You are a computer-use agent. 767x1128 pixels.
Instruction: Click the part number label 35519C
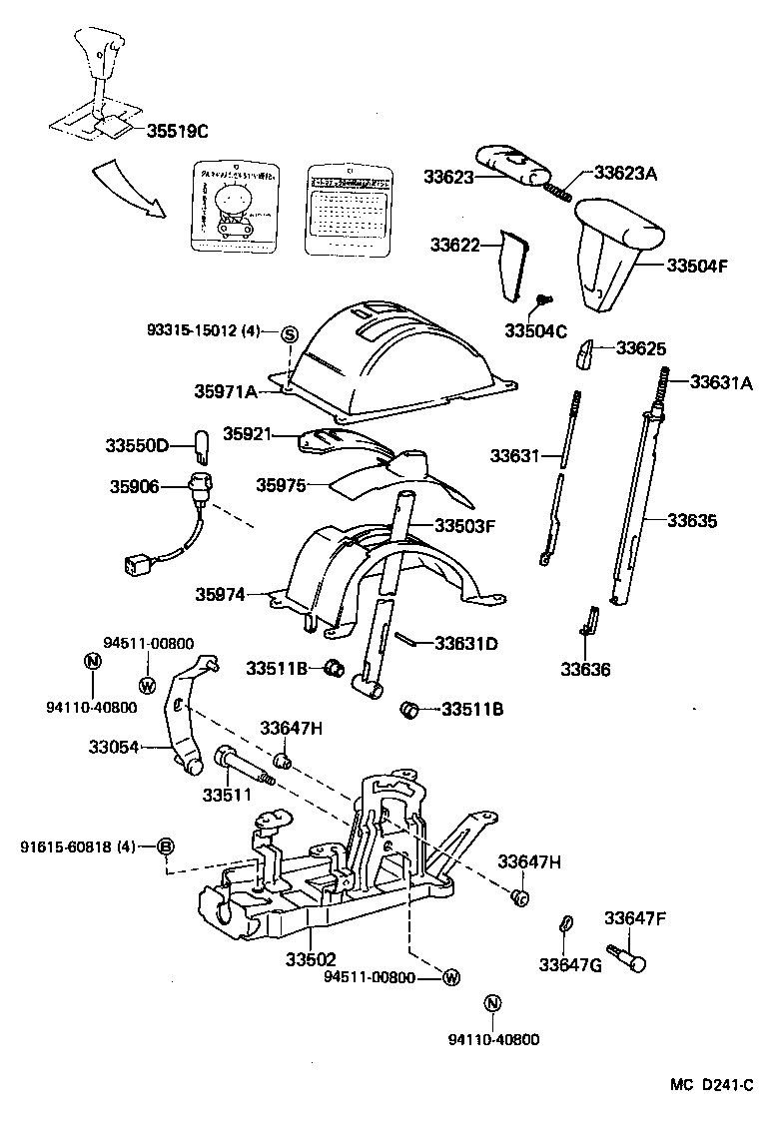tap(178, 130)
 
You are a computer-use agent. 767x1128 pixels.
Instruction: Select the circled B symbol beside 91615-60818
tap(167, 847)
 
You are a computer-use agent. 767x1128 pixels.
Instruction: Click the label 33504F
tap(696, 266)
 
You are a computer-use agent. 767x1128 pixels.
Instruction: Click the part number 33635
tap(693, 520)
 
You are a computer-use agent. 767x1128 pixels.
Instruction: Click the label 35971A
tap(225, 391)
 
